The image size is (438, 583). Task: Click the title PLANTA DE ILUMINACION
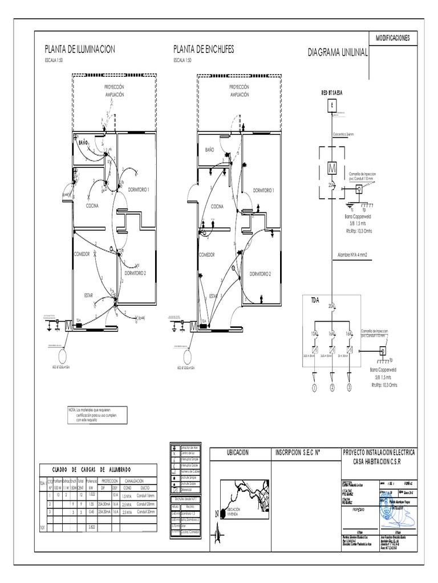(x=80, y=50)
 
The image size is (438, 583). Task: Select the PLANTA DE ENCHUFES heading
(x=204, y=50)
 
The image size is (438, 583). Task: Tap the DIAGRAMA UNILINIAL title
(x=338, y=52)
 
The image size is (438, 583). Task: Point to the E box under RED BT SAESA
(x=330, y=106)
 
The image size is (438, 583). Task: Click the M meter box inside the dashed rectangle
(x=331, y=168)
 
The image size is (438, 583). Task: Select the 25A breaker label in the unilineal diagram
(x=330, y=185)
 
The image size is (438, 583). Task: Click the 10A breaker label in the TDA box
(x=313, y=333)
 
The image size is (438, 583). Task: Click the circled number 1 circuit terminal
(x=313, y=389)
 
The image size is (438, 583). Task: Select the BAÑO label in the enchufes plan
(x=209, y=149)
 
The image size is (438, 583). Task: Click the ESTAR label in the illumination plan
(x=88, y=295)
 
